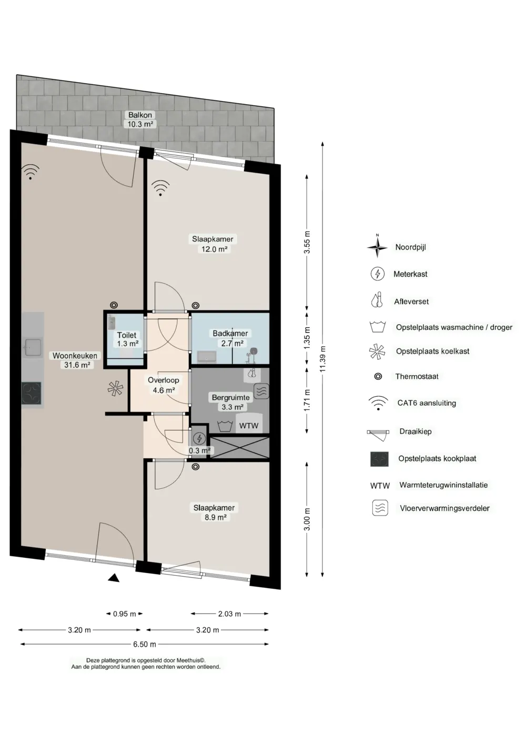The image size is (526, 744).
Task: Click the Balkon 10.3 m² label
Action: point(140,119)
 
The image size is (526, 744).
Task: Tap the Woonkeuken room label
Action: point(75,356)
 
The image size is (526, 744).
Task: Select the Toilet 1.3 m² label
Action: point(127,339)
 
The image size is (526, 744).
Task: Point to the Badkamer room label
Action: point(230,334)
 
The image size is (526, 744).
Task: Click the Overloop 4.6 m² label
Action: point(164,385)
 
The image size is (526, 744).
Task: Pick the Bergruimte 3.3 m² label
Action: point(231,402)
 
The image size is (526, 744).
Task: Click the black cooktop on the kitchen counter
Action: point(32,393)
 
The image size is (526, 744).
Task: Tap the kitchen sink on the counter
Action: point(32,347)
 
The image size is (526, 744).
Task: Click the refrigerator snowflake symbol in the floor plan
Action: point(115,388)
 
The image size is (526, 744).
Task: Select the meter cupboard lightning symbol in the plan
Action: point(199,438)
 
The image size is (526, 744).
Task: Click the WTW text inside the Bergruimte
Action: point(249,426)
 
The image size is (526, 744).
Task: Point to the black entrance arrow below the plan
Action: point(114,578)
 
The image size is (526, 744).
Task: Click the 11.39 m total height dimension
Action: point(323,359)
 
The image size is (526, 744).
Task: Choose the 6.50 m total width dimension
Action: point(145,645)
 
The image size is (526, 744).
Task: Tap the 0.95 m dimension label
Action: point(125,614)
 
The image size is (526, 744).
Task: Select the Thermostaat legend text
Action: point(417,376)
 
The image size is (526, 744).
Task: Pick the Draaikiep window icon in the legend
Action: point(378,434)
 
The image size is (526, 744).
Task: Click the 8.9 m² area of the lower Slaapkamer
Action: point(216,517)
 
